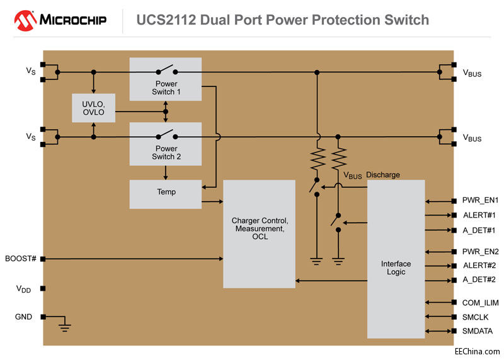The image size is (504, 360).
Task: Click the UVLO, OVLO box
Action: (x=93, y=108)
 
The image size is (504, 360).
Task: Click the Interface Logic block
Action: (x=396, y=267)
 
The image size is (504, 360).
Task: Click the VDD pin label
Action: (x=23, y=289)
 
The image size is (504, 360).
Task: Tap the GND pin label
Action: (x=23, y=316)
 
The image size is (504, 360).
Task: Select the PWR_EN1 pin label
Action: (x=480, y=201)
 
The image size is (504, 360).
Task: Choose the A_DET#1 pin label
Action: (x=479, y=230)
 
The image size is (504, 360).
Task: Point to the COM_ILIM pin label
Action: (x=480, y=303)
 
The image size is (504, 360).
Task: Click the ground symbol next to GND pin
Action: (x=64, y=326)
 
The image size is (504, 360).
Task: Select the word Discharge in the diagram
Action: (x=382, y=175)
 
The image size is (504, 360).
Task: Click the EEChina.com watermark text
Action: (x=478, y=351)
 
